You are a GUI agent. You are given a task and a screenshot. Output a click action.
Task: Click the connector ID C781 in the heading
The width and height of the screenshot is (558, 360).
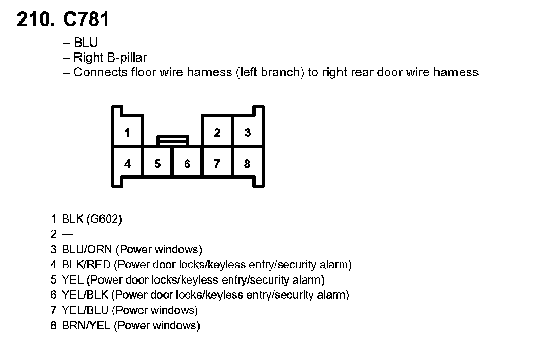tap(86, 19)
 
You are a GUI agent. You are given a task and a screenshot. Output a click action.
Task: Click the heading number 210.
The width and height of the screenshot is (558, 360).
tap(35, 19)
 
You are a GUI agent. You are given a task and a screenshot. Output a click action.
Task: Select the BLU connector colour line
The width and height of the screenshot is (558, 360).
tap(86, 43)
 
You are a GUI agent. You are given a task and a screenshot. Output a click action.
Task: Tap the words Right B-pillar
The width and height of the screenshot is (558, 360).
tap(110, 57)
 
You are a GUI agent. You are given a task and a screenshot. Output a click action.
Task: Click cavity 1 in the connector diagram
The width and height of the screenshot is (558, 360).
tap(127, 133)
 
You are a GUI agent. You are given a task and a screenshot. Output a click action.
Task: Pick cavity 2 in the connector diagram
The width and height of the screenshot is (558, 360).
tap(217, 133)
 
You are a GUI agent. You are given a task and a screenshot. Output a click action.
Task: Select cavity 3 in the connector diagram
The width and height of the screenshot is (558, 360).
tap(248, 133)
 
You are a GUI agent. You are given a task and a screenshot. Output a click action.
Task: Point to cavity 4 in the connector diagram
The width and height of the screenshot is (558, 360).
tap(127, 164)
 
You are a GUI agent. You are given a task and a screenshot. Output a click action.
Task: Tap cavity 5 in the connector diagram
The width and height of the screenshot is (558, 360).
tap(157, 164)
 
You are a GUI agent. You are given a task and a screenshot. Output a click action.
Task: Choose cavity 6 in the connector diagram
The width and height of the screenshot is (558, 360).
tap(187, 164)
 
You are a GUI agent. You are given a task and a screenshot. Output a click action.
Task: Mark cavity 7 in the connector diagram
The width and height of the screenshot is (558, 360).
tap(217, 164)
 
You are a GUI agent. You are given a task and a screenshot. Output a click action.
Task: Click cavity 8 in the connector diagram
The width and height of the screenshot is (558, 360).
tap(247, 164)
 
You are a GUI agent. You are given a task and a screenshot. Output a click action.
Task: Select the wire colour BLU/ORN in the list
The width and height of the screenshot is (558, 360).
tap(87, 250)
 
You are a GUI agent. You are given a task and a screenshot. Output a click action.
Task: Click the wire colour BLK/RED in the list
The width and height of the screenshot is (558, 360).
tap(86, 265)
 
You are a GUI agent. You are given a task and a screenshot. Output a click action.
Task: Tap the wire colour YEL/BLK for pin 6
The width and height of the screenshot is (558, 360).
tap(85, 295)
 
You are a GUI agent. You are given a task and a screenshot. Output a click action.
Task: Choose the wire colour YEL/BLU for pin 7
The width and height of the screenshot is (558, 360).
tap(85, 310)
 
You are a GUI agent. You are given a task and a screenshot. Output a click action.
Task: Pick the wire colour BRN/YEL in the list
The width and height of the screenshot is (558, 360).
tap(86, 325)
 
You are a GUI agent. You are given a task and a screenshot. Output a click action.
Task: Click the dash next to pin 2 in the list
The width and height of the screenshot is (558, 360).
tap(67, 235)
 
